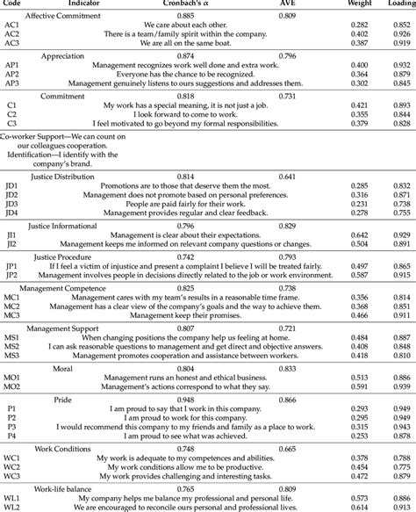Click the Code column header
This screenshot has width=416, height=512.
pos(11,5)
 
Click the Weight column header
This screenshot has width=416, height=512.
pos(359,5)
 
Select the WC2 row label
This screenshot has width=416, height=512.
pos(13,466)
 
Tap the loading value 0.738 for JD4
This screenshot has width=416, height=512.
pos(399,212)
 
